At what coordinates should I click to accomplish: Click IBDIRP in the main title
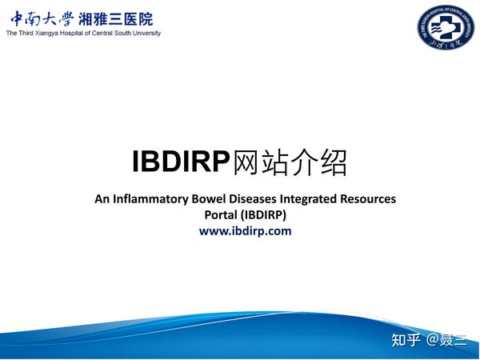[181, 162]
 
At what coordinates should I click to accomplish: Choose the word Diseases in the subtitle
[244, 198]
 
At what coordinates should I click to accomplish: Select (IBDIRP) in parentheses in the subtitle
[264, 214]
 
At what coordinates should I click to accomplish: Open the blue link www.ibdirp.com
[245, 230]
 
